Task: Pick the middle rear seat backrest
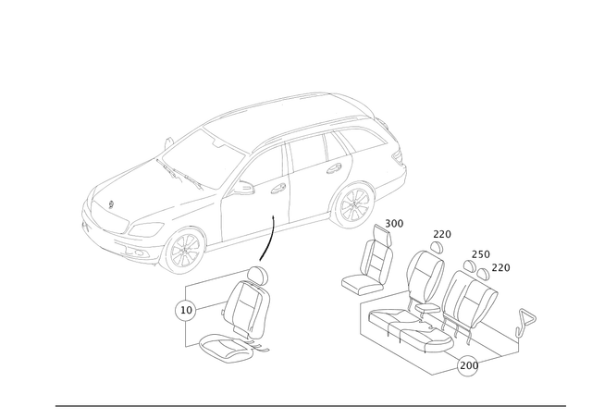(x=427, y=273)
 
